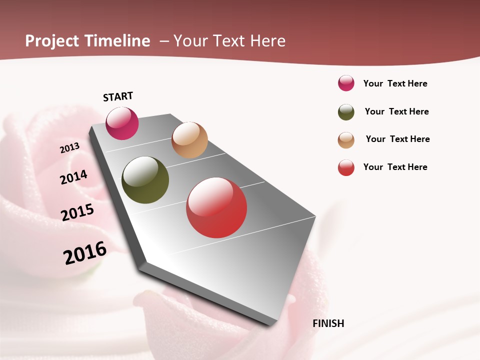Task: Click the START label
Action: (x=118, y=96)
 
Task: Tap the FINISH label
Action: (x=328, y=323)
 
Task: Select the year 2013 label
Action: (x=70, y=148)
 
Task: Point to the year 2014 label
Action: (x=74, y=177)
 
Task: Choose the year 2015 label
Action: (x=77, y=212)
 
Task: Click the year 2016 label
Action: (x=85, y=253)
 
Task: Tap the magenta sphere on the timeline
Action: (x=122, y=123)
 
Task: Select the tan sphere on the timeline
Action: (x=189, y=140)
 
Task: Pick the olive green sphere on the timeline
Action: (x=145, y=180)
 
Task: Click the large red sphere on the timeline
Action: (x=216, y=207)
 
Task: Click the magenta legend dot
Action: (x=346, y=83)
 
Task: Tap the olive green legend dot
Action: (x=346, y=112)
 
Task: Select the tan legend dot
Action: (x=346, y=140)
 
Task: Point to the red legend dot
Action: (x=346, y=167)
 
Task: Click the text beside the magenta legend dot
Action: (x=395, y=83)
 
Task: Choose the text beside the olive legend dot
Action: (x=396, y=111)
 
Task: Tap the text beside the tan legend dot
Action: (x=397, y=139)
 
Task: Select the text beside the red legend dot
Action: (x=395, y=167)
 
